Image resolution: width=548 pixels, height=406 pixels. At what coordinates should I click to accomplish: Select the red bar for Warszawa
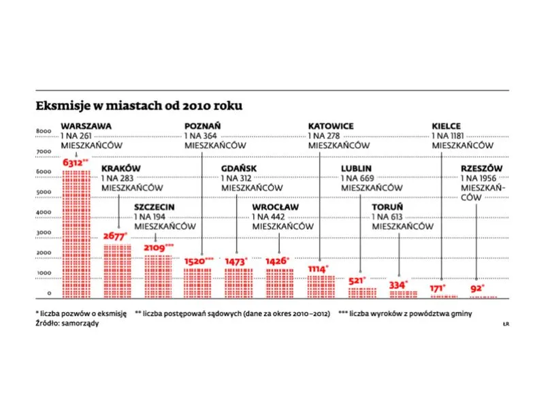[x=76, y=232]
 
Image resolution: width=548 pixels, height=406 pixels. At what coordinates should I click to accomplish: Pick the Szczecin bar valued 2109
[x=157, y=276]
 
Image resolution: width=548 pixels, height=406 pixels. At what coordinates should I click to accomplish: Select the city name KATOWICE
[x=331, y=126]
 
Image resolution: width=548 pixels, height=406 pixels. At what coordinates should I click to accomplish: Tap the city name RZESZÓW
[x=481, y=168]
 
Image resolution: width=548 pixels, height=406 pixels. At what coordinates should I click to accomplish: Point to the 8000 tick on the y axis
[x=43, y=131]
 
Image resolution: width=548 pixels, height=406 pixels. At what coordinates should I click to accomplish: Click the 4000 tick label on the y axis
[x=43, y=212]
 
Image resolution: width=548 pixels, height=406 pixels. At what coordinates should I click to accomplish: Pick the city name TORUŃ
[x=387, y=207]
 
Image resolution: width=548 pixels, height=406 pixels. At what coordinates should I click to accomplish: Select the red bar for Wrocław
[x=280, y=283]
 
